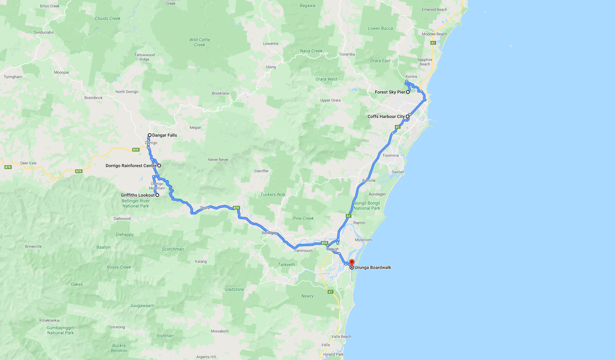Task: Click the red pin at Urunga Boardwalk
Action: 352,263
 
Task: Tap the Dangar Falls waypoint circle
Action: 150,135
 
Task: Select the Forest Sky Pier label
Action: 390,92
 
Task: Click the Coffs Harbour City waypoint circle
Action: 408,116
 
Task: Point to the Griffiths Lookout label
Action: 138,195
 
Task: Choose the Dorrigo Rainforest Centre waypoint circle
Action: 159,166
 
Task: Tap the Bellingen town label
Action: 269,233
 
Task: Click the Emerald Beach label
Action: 434,10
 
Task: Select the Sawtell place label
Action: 398,172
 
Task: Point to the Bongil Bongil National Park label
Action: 367,206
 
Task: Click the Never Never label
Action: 218,160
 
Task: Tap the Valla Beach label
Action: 341,337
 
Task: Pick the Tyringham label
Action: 13,77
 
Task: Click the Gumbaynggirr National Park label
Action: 61,330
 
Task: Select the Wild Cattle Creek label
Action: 200,42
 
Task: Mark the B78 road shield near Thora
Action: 236,208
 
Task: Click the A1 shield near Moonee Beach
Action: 433,43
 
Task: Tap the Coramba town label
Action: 347,54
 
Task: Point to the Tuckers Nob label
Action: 272,194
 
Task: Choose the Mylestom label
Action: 363,240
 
